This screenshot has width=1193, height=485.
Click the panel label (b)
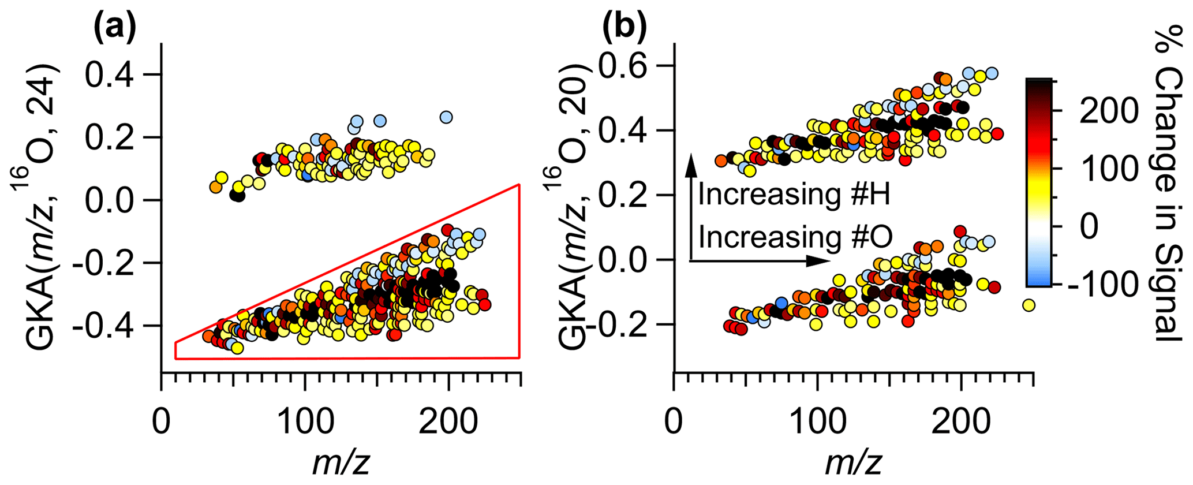coord(625,27)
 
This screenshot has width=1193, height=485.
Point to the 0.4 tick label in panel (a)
coord(118,75)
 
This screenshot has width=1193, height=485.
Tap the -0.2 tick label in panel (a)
coord(110,263)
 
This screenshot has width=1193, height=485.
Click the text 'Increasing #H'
coord(794,195)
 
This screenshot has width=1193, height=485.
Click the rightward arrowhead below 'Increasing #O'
coord(820,262)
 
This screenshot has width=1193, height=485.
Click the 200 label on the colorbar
coord(1108,113)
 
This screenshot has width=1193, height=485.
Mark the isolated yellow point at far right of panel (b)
coord(1029,305)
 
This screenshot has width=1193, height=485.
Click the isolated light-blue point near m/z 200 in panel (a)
coord(446,117)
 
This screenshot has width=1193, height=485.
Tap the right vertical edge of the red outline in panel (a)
coord(519,271)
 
